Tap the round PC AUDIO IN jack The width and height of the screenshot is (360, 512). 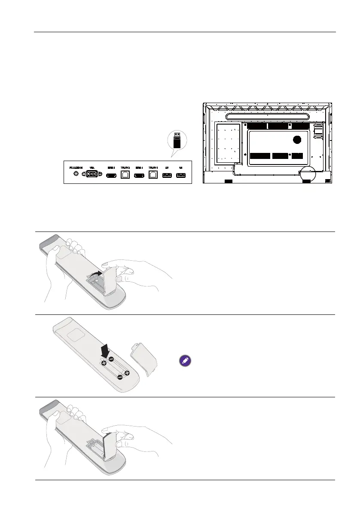76,174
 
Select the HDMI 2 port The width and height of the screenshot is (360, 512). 111,175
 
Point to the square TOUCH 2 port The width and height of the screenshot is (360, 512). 126,174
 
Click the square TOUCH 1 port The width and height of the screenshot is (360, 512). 153,174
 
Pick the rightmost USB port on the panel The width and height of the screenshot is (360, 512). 180,175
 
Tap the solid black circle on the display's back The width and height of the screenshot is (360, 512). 296,140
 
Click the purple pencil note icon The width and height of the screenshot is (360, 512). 185,361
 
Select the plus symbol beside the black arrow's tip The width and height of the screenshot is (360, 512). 104,363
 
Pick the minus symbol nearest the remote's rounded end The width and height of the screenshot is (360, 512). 120,377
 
